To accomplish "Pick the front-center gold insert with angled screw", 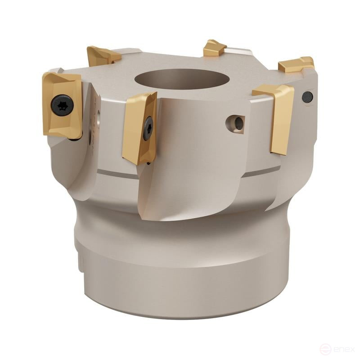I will point(139,128).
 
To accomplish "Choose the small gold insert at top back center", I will point(215,48).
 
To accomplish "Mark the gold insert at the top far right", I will point(296,64).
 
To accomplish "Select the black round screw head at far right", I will point(307,96).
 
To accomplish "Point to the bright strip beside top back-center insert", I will point(238,51).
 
